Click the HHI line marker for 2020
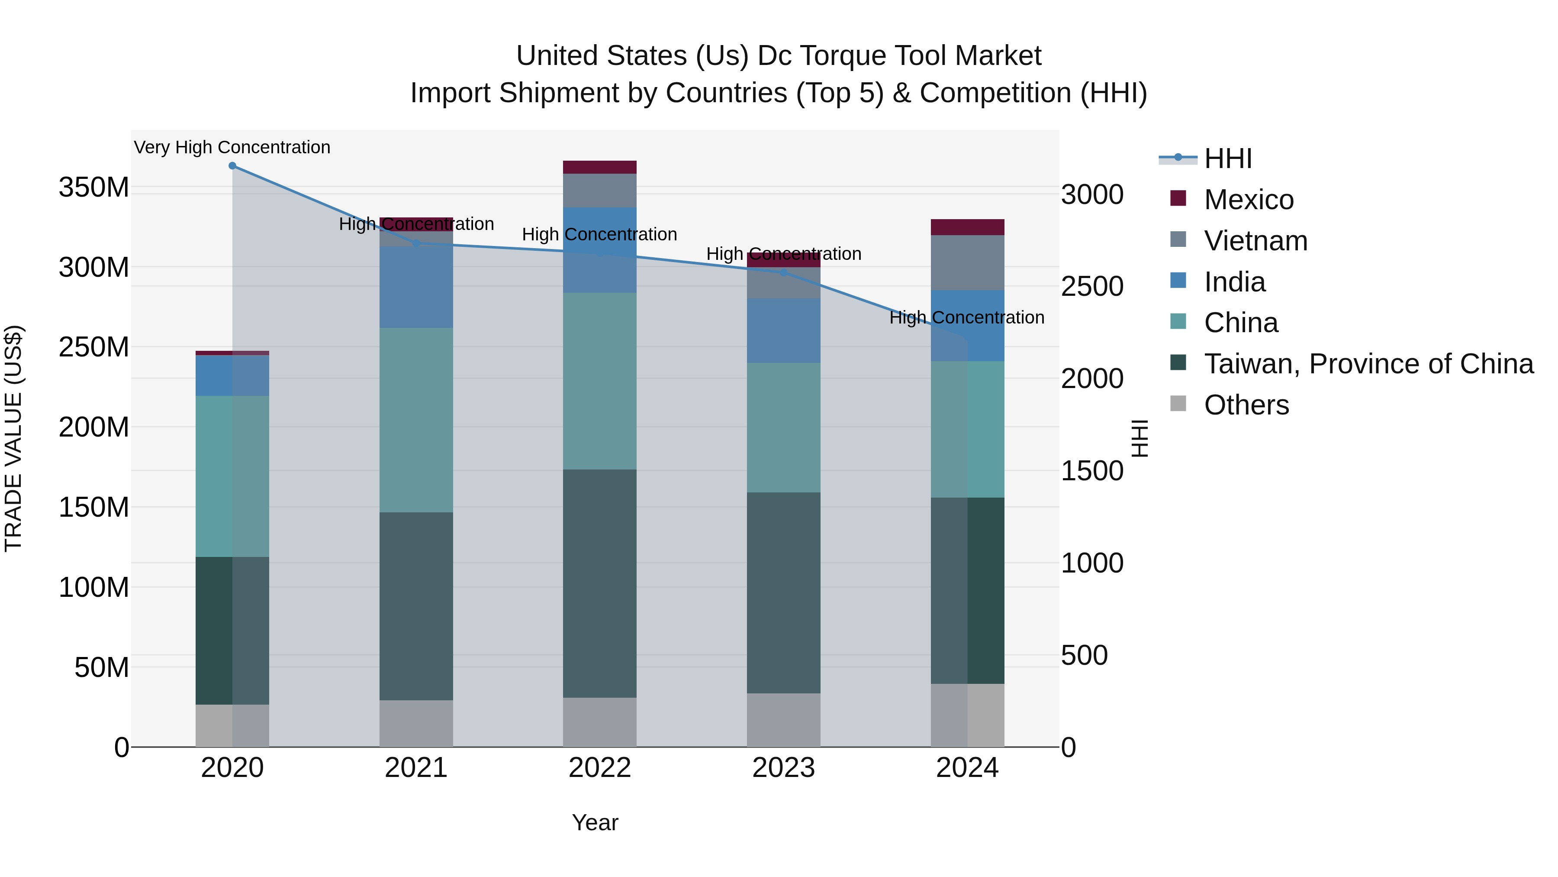[232, 166]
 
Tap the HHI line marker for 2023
[783, 272]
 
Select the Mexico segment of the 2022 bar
[599, 167]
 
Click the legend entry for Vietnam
[1255, 241]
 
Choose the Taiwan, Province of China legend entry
[1368, 364]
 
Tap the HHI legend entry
[1227, 159]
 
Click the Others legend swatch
[1178, 404]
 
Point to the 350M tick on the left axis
[94, 188]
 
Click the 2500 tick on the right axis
[1092, 287]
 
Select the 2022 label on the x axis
[599, 768]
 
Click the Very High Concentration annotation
[232, 147]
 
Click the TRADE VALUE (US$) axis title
[13, 438]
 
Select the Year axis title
[595, 822]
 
